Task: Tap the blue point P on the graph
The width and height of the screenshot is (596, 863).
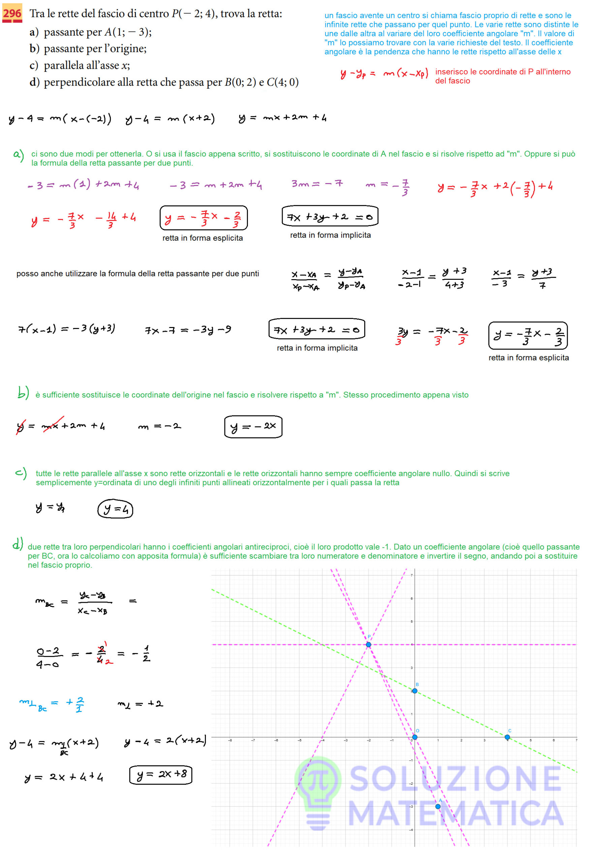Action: pyautogui.click(x=368, y=645)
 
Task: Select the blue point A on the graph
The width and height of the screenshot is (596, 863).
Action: pyautogui.click(x=438, y=806)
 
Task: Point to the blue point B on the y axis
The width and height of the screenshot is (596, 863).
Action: pyautogui.click(x=414, y=691)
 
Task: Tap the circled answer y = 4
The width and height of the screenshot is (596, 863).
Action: pyautogui.click(x=115, y=509)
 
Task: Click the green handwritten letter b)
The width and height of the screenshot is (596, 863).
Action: pyautogui.click(x=23, y=393)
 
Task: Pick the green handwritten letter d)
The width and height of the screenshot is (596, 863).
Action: pyautogui.click(x=18, y=544)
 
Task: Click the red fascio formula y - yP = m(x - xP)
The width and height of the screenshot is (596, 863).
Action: pyautogui.click(x=384, y=73)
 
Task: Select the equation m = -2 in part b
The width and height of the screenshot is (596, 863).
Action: pyautogui.click(x=159, y=426)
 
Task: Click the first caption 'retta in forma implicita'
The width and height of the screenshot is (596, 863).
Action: pyautogui.click(x=331, y=235)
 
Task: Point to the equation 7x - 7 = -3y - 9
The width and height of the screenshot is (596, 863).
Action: pyautogui.click(x=188, y=330)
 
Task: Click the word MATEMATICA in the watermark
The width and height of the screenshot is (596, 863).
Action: pyautogui.click(x=456, y=814)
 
